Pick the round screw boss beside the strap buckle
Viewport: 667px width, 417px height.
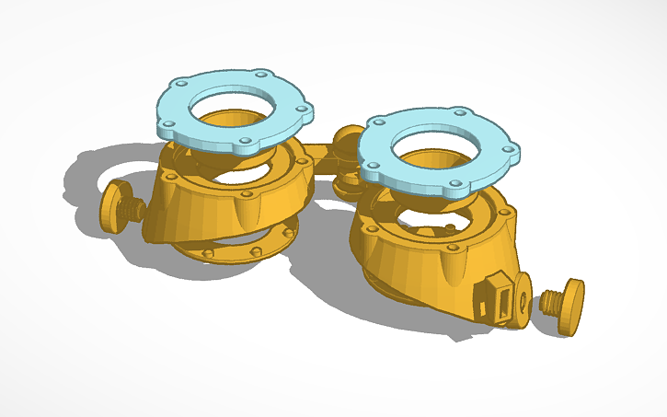521,296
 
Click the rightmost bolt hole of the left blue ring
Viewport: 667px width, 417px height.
302,109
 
